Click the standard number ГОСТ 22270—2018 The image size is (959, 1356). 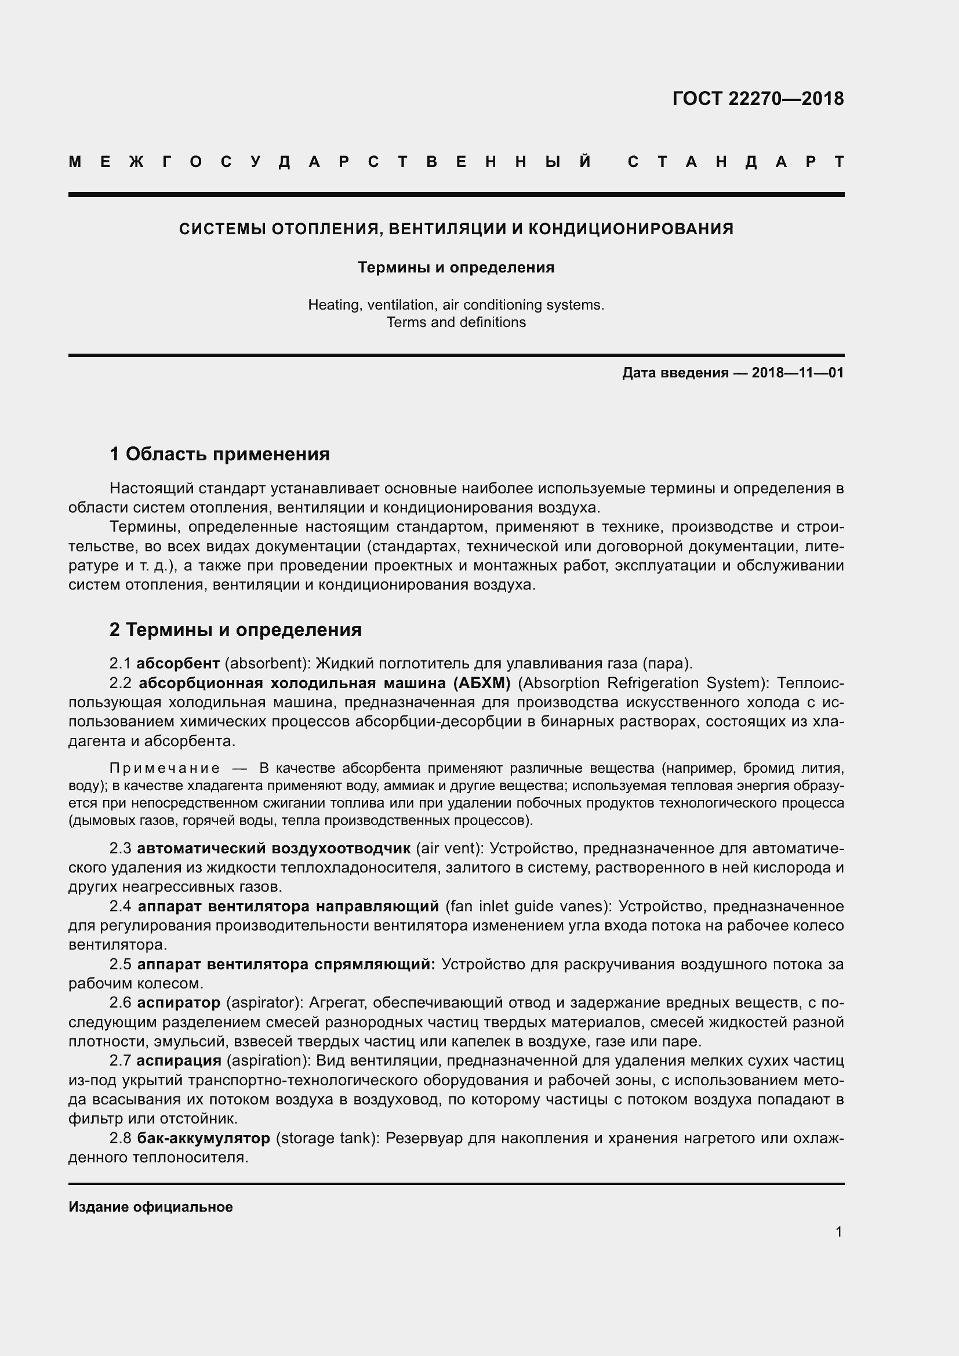758,99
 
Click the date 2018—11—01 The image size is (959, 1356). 797,373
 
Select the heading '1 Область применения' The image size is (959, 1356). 219,454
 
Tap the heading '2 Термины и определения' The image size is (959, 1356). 235,630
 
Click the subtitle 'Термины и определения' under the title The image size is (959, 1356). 456,267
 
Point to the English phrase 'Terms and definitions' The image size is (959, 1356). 456,322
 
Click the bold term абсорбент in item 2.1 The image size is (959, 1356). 178,663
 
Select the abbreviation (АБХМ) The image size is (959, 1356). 481,683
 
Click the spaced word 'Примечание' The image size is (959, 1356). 165,768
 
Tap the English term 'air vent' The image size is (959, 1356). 449,849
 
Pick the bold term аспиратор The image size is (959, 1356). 179,1002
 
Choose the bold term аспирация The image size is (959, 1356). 179,1060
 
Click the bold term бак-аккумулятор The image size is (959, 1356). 203,1137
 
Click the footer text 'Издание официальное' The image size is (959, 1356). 151,1207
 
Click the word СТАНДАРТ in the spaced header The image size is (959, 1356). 736,162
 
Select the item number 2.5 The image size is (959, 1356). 121,964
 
